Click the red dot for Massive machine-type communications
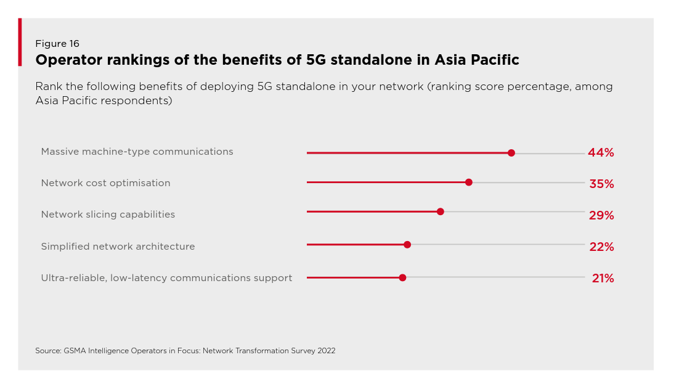[x=511, y=153]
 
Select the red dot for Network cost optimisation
[x=468, y=182]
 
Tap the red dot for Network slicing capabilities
[x=440, y=211]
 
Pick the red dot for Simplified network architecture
[x=407, y=245]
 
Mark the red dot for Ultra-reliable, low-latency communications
[x=402, y=277]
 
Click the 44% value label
[x=601, y=153]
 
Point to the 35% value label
[x=601, y=184]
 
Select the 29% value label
[x=601, y=215]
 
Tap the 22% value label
[x=601, y=247]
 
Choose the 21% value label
[x=603, y=278]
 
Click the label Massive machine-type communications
[x=137, y=152]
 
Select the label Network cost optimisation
[x=105, y=183]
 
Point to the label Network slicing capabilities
[x=108, y=215]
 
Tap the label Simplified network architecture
[x=118, y=247]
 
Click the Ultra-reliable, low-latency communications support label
[x=166, y=278]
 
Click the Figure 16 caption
[x=57, y=44]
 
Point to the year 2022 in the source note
[x=326, y=351]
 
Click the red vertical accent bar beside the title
[x=20, y=42]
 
